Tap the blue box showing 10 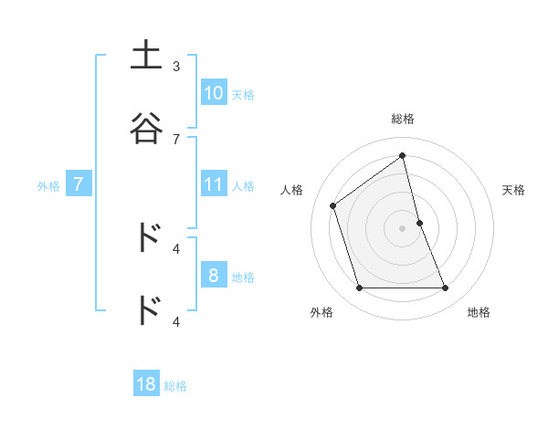214,92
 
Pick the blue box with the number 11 214,185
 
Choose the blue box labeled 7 79,185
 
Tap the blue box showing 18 146,384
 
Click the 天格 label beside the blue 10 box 243,94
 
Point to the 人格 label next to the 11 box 243,186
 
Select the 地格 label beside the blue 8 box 243,277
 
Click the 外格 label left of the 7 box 48,186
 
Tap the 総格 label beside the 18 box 175,386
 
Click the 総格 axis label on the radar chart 403,119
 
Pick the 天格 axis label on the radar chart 514,190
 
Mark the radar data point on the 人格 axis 333,205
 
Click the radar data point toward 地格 446,288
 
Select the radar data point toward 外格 359,288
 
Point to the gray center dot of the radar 403,228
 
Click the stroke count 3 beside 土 176,66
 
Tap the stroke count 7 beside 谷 176,139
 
